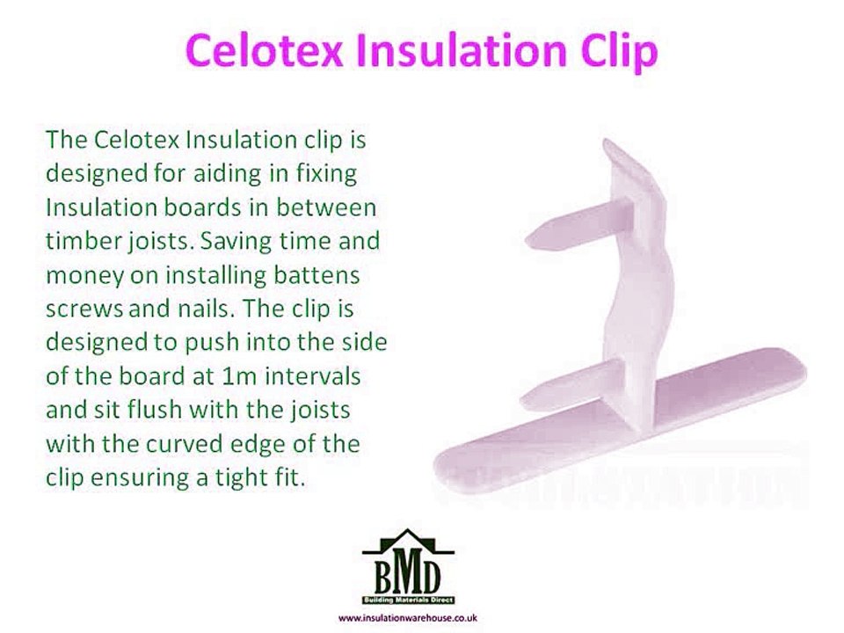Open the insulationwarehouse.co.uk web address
pyautogui.click(x=407, y=618)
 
